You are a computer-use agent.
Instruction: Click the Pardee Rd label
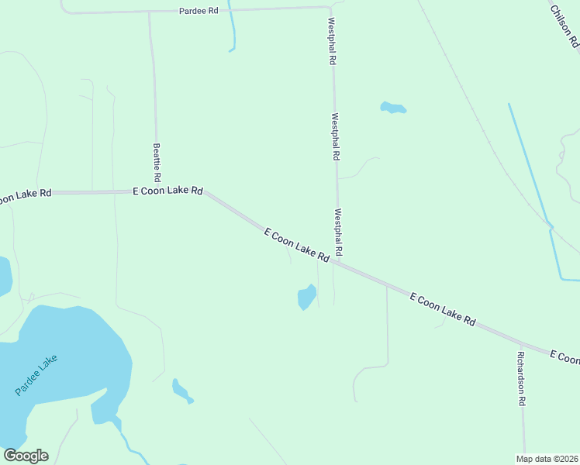[199, 11]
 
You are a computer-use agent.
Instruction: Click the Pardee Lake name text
[36, 375]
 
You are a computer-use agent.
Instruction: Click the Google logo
[26, 456]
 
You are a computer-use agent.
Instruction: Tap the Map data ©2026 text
[547, 459]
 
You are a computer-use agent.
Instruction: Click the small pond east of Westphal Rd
[393, 108]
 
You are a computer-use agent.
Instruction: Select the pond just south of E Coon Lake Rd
[306, 297]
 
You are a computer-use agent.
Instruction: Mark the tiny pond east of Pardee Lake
[181, 391]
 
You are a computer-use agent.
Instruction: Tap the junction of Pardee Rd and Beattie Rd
[150, 12]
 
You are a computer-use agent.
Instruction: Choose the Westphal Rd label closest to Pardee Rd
[332, 41]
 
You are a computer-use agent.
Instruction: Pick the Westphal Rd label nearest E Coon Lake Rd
[338, 232]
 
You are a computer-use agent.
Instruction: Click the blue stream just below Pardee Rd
[232, 31]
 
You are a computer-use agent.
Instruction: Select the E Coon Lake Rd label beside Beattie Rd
[167, 191]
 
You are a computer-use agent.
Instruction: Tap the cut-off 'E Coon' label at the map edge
[564, 357]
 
